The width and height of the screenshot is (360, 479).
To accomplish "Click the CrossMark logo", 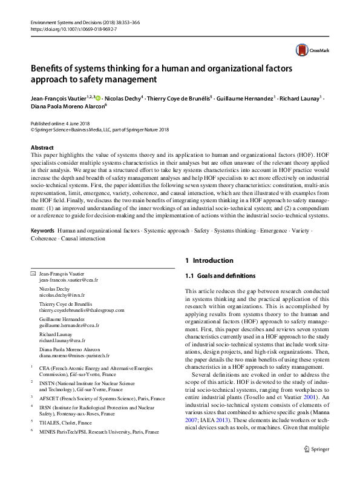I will [307, 50].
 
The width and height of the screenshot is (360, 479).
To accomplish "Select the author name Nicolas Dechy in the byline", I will [123, 98].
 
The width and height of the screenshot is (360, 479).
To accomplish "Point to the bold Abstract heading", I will [42, 148].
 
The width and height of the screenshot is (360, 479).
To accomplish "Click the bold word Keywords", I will [43, 231].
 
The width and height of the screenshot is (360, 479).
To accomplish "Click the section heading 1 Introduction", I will [209, 260].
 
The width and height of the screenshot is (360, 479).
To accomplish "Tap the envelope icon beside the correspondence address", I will [33, 274].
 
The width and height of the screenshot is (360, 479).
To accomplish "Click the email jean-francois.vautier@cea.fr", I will [68, 280].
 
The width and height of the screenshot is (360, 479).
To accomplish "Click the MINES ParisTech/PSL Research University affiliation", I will [99, 432].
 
